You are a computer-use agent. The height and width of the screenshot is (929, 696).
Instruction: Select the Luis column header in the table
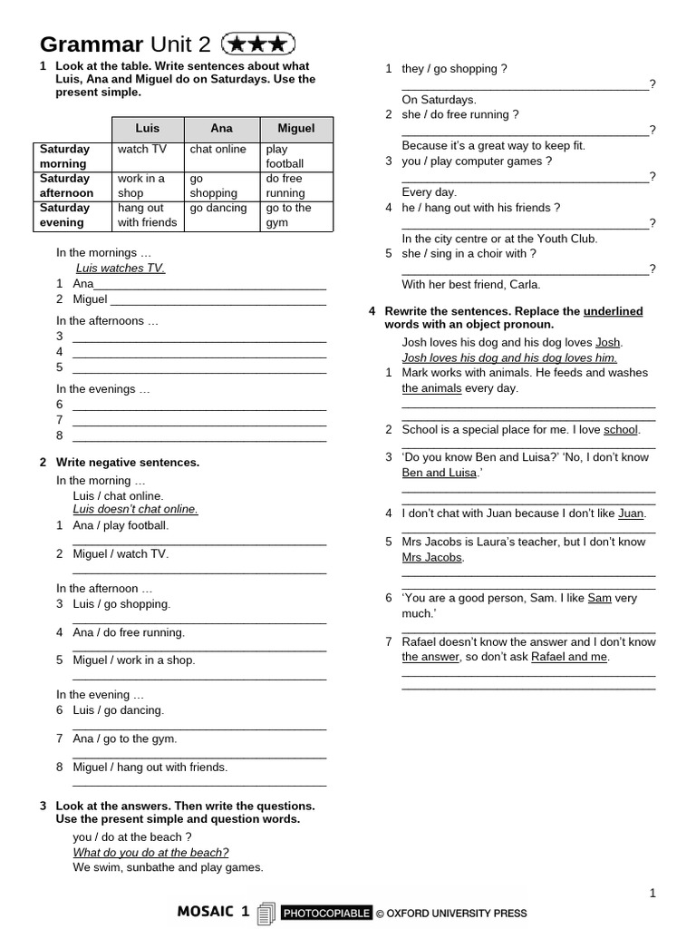click(x=147, y=129)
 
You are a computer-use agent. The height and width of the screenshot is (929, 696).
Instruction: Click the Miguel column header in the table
click(x=295, y=129)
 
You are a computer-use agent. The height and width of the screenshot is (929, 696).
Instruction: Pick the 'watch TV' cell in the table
click(x=142, y=150)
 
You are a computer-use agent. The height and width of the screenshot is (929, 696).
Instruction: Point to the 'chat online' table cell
click(x=217, y=150)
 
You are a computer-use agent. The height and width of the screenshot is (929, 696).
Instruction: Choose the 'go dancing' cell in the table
click(x=218, y=208)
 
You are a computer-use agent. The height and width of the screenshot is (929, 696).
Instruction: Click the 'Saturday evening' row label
click(x=63, y=215)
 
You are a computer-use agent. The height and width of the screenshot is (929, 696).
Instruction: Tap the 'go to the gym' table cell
click(x=288, y=215)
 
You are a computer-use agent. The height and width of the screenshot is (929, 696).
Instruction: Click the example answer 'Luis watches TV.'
click(x=121, y=269)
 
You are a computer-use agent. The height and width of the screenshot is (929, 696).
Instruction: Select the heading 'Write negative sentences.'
click(x=128, y=463)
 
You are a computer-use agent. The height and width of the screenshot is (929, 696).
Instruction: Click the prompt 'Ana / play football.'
click(x=121, y=525)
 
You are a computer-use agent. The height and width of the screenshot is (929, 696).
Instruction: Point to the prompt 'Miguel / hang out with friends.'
click(x=150, y=767)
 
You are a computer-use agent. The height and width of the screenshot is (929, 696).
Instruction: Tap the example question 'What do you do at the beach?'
click(x=150, y=852)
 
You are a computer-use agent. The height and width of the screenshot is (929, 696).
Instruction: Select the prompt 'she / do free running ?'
click(x=460, y=114)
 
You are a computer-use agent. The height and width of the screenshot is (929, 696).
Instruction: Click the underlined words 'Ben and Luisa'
click(x=439, y=473)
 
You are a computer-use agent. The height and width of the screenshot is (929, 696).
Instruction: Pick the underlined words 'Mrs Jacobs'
click(x=431, y=557)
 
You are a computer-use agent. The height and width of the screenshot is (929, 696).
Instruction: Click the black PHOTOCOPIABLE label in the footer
click(x=326, y=913)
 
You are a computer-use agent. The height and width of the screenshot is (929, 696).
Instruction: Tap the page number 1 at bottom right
click(x=652, y=894)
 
